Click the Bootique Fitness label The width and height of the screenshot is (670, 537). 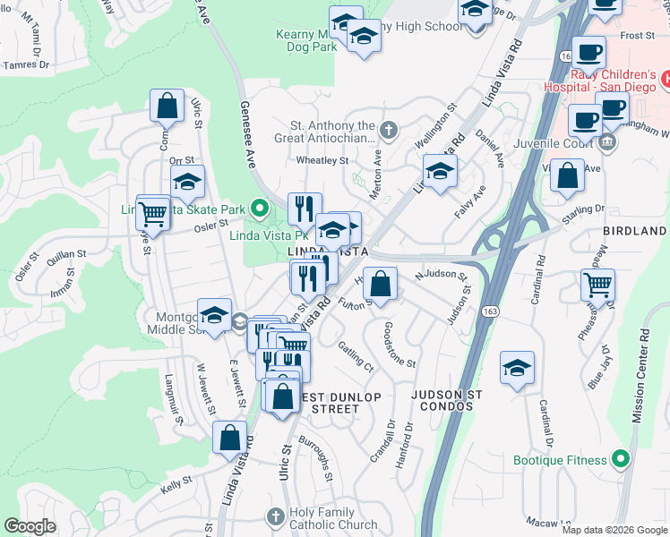point(560,460)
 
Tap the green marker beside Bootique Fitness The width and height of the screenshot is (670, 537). point(619,460)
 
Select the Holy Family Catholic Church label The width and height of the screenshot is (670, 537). point(333,518)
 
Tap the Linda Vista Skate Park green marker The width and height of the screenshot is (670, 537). point(260,210)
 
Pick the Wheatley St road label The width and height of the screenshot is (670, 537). point(321,161)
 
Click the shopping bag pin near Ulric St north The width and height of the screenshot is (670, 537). point(167,107)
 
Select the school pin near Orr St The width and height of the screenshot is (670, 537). point(187,183)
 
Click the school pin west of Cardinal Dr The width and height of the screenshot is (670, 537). point(517,369)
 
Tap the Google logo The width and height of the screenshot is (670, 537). point(30,525)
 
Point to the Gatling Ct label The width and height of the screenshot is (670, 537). point(356,356)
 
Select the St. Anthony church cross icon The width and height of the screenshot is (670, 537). point(388,131)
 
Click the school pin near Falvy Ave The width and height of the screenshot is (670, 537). point(440,172)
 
